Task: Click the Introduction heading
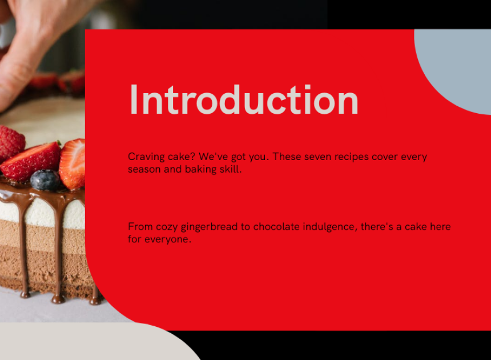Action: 244,99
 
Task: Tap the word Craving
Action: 146,157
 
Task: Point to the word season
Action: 144,170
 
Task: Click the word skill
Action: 231,169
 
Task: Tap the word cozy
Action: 167,227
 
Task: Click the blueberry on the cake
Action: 45,180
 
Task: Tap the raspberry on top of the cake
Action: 12,142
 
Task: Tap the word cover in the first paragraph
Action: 385,157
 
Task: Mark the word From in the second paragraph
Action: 140,226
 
